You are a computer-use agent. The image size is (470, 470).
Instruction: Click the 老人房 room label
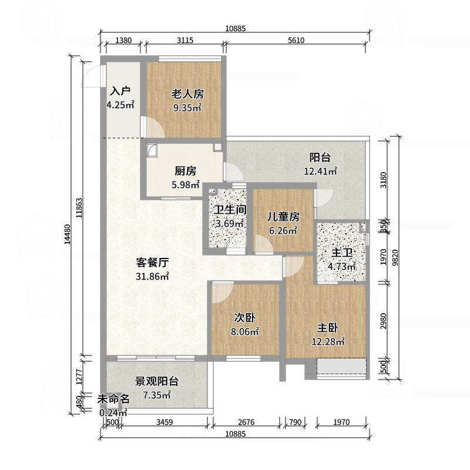[187, 94]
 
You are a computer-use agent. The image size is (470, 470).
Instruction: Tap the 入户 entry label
[120, 92]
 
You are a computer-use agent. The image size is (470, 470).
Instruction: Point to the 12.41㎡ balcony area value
[320, 172]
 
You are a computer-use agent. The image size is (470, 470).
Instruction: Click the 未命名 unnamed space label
[113, 399]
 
